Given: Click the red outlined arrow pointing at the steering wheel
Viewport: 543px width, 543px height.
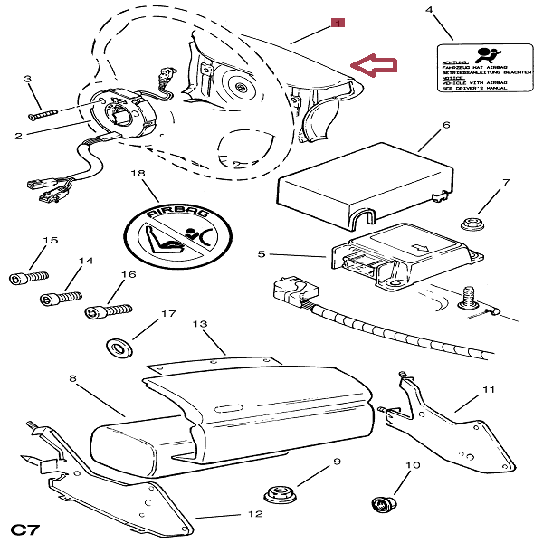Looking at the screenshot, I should pos(375,64).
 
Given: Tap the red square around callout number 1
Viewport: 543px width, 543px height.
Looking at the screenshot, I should pos(337,24).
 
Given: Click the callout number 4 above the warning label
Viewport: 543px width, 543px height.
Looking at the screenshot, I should pos(429,10).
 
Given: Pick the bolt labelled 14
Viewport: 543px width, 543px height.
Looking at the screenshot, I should pos(60,297).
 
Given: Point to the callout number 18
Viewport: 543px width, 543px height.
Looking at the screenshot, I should pos(138,173).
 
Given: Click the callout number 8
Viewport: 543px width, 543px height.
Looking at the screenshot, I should pos(72,378).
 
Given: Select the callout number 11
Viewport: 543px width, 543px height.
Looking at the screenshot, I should pos(489,389).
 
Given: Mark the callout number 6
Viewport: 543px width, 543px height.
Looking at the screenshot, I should pos(446,127).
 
